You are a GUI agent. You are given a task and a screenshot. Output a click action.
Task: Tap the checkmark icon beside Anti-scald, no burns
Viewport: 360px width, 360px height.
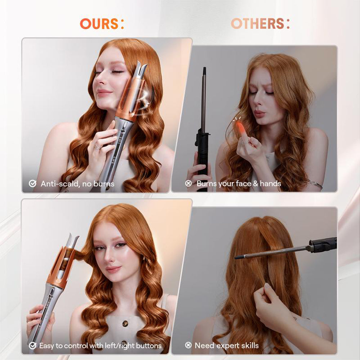click(33, 184)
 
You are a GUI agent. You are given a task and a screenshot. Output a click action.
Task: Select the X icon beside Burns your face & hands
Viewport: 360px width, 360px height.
click(188, 184)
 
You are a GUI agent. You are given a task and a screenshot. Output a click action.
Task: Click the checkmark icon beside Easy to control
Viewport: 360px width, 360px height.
click(33, 346)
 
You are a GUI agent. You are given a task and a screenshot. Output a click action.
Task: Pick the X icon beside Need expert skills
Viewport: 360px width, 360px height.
click(188, 346)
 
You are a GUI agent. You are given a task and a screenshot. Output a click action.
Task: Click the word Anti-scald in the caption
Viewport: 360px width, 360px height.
click(58, 184)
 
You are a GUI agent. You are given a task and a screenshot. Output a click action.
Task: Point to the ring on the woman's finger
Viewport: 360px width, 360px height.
click(97, 147)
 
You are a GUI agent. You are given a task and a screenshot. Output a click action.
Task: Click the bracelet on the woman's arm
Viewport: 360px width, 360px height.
click(316, 184)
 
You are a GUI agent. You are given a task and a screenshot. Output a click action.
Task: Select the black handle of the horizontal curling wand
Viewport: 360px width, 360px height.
click(322, 245)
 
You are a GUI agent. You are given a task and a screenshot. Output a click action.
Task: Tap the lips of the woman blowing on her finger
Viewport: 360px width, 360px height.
click(260, 114)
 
